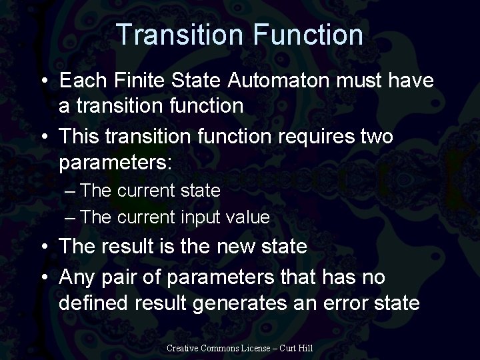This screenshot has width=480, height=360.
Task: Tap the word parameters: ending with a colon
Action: point(115,162)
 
